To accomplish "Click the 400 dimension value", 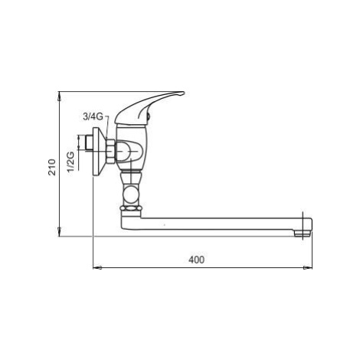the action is [x=197, y=260].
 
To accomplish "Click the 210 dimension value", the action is [x=52, y=167].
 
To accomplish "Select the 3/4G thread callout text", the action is [x=93, y=116].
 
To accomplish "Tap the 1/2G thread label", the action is [x=70, y=162].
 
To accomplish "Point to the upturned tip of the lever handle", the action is [x=181, y=93].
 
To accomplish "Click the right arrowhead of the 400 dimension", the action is [x=308, y=268].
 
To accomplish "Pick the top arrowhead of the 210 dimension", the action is [x=59, y=97].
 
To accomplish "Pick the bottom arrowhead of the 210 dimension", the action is [x=59, y=231].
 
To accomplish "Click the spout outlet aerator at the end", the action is [x=302, y=233].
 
